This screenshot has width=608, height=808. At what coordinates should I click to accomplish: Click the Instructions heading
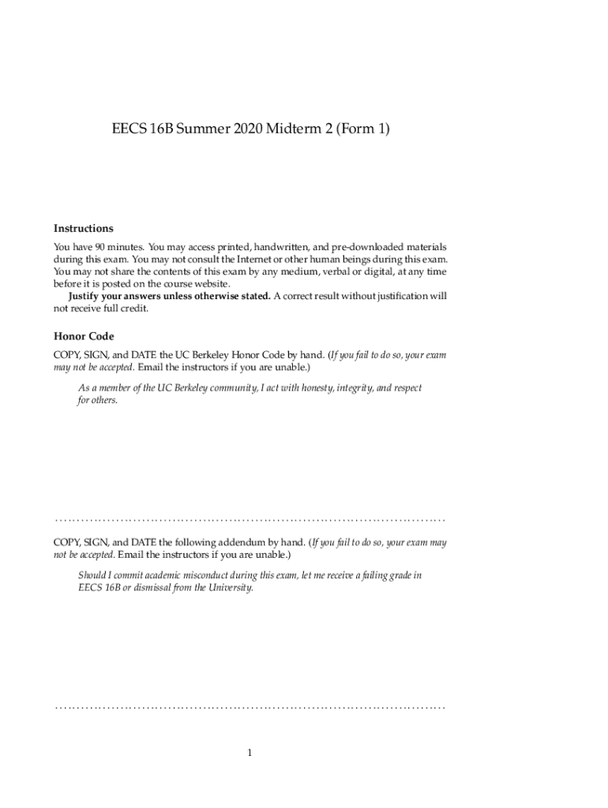coord(83,228)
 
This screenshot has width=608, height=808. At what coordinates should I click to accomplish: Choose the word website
coord(211,283)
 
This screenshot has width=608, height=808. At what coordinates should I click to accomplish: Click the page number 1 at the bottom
coord(250,753)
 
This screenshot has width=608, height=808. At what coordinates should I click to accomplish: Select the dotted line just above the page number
coord(250,708)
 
